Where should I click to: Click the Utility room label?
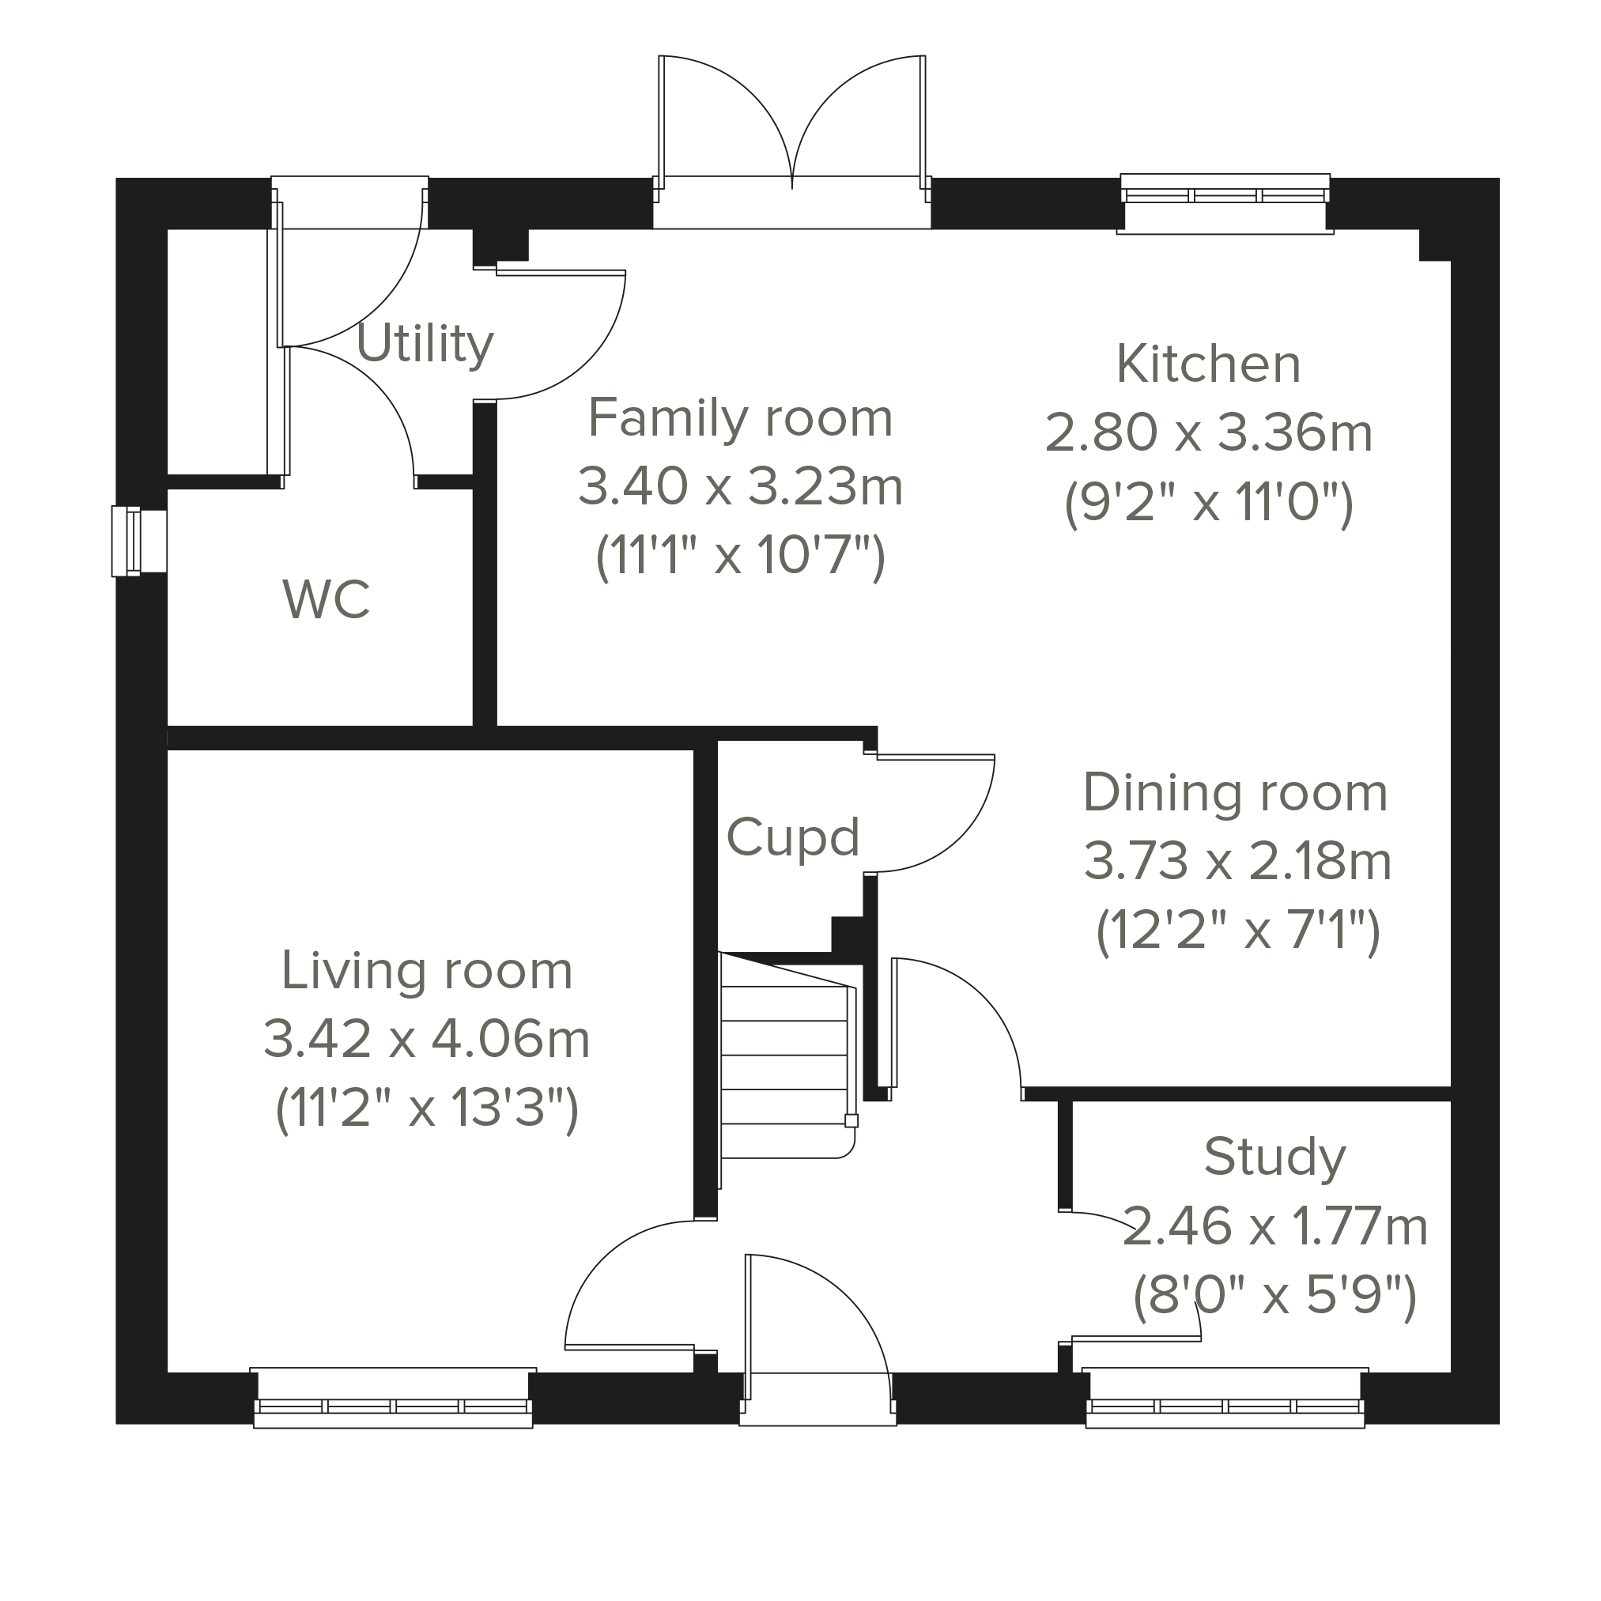(x=425, y=344)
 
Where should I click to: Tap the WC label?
(x=327, y=600)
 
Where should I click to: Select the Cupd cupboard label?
(x=793, y=838)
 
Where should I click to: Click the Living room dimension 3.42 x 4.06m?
(x=427, y=1039)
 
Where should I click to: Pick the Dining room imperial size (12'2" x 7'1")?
(x=1238, y=931)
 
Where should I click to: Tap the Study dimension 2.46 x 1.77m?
(x=1275, y=1227)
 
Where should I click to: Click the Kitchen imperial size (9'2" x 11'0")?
(x=1209, y=502)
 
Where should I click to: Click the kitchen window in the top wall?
(x=1225, y=204)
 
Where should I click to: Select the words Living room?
(x=427, y=970)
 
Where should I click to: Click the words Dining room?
(x=1236, y=793)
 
